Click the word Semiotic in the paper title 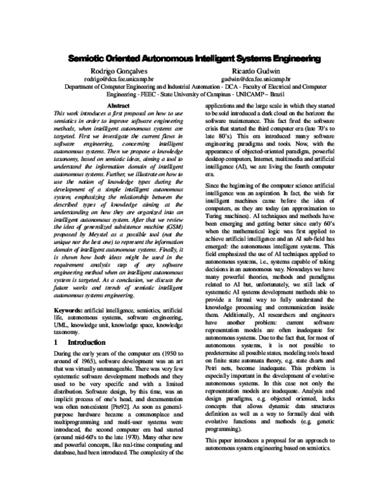pos(87,59)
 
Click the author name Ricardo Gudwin pos(257,71)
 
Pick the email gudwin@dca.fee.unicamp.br pos(257,78)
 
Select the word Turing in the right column pos(213,221)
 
